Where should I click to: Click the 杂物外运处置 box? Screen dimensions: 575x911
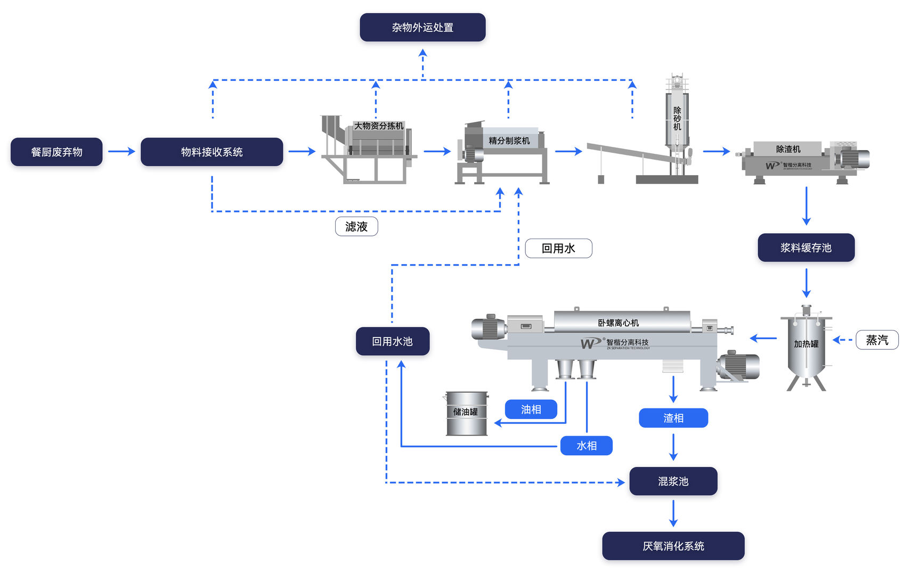coord(422,27)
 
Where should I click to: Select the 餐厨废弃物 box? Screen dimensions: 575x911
coord(56,152)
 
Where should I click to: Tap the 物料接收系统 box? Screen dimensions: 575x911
coord(212,152)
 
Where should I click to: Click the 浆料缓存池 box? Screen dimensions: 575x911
coord(806,248)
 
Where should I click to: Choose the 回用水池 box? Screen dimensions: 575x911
coord(392,341)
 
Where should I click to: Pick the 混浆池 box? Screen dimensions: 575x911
coord(673,481)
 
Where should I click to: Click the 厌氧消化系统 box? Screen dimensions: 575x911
coord(673,546)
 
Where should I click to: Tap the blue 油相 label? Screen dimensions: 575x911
coord(531,409)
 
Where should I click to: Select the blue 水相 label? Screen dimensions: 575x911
coord(586,446)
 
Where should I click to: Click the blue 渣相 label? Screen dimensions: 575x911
coord(673,418)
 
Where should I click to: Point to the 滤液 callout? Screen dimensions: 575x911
coord(356,226)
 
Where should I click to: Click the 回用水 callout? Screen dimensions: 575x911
coord(558,248)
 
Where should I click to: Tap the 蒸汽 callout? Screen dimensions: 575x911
coord(877,340)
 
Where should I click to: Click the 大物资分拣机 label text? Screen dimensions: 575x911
coord(379,126)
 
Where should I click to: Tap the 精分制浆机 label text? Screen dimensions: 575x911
coord(509,141)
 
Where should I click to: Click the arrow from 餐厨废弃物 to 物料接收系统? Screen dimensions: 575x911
coord(121,152)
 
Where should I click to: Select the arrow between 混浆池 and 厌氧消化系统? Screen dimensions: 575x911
coord(673,513)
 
